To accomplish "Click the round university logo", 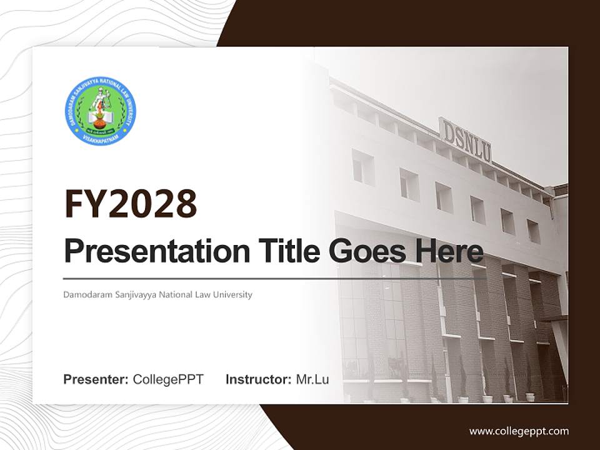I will (x=101, y=111).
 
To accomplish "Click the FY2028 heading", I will (x=131, y=204).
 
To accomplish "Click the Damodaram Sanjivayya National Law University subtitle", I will (x=157, y=294).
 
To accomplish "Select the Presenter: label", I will (x=96, y=379).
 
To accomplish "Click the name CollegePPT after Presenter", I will (x=168, y=379).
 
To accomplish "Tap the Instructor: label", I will (x=258, y=379).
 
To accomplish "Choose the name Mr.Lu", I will (x=312, y=379).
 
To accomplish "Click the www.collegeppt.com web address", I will (x=519, y=431).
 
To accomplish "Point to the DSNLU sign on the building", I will (x=466, y=141).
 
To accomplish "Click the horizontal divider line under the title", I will (x=269, y=278).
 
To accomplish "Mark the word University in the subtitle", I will (x=231, y=294).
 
